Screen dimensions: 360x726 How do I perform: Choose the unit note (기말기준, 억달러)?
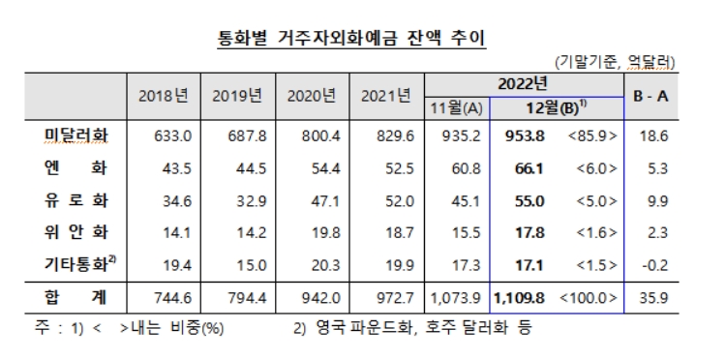click(616, 62)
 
